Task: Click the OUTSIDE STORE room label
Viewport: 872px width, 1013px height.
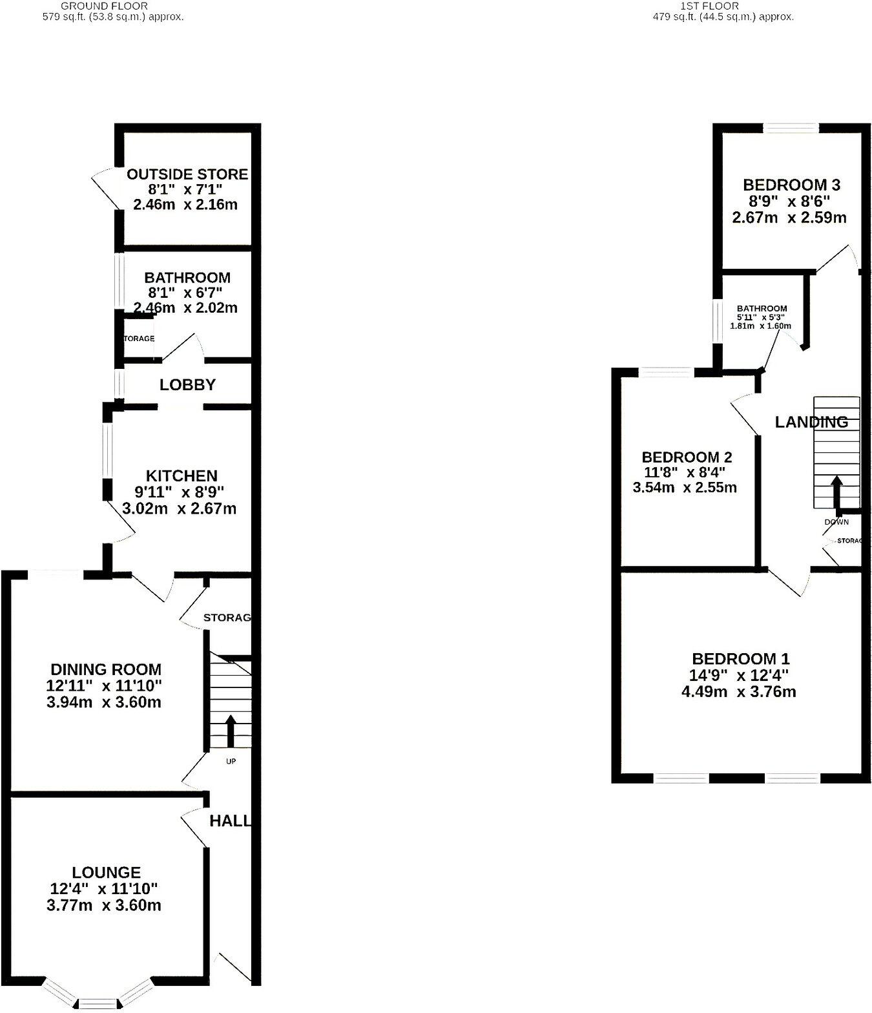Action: coord(187,174)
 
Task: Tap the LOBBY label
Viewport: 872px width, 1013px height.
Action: coord(187,385)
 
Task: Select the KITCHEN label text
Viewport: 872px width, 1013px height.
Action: coord(182,476)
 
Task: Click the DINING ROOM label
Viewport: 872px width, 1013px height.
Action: coord(106,669)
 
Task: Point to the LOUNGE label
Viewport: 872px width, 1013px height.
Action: coord(107,872)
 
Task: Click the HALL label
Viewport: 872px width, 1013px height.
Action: coord(230,821)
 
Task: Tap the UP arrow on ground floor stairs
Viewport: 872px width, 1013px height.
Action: coord(230,730)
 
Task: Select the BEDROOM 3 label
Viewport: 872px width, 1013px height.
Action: coord(791,185)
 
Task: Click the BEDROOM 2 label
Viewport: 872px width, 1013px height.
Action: coord(687,457)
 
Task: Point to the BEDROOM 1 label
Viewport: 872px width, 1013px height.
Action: coord(740,659)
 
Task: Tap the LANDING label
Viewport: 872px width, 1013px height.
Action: coord(811,423)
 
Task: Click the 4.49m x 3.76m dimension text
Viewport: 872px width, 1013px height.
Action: coord(738,692)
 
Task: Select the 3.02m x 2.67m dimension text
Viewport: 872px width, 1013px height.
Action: coord(180,508)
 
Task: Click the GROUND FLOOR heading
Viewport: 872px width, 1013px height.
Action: coord(104,6)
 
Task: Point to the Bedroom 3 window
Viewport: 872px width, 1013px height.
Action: coord(792,128)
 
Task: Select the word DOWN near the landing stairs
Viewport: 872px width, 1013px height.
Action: coord(836,521)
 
